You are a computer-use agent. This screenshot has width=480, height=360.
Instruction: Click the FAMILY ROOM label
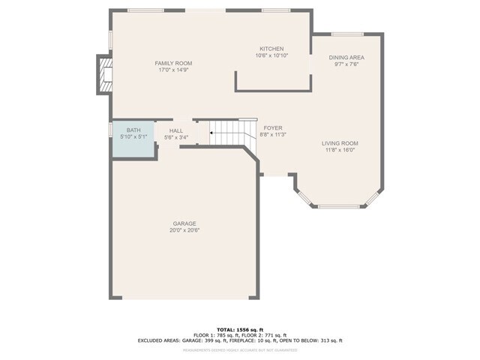(x=174, y=63)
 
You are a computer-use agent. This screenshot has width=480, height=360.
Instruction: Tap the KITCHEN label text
(x=271, y=48)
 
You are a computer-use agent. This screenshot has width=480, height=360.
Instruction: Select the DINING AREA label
(x=346, y=58)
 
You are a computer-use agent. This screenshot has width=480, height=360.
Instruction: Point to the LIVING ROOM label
(x=340, y=143)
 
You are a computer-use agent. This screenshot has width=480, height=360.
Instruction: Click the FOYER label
(x=273, y=128)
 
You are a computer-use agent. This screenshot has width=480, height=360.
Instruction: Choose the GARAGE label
(x=184, y=223)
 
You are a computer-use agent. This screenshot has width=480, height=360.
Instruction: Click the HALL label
(x=176, y=130)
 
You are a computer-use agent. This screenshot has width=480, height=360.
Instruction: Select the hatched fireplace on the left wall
(x=103, y=75)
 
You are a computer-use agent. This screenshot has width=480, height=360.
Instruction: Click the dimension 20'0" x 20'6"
(x=184, y=230)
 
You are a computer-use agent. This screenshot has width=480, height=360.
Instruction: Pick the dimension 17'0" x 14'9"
(x=174, y=70)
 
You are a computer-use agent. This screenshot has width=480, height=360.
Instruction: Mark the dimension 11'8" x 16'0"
(x=340, y=150)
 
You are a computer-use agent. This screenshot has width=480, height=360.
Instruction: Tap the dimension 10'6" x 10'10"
(x=271, y=55)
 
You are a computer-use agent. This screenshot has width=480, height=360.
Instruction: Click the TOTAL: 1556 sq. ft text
(x=240, y=329)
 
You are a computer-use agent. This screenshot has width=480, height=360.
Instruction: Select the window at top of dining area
(x=347, y=34)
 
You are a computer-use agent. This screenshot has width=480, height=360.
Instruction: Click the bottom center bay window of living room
(x=339, y=207)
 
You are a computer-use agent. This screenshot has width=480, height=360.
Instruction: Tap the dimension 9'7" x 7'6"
(x=346, y=64)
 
